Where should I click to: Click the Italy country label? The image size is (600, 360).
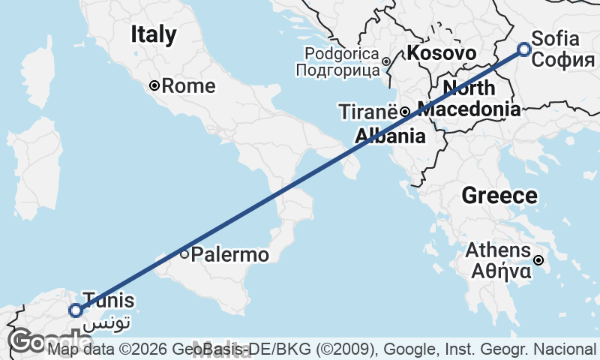coord(154,34)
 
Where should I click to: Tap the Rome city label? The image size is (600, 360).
coord(188,86)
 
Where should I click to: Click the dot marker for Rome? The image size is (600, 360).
coord(154,85)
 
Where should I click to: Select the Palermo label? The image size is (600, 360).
coord(229,255)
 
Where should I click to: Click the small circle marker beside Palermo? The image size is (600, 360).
coord(184,254)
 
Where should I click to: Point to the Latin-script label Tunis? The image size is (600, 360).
coord(109,301)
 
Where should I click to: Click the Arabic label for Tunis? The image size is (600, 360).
coord(109,322)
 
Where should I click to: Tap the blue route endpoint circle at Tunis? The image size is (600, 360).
coord(75,310)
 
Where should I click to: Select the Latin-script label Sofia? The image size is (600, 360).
coord(554,39)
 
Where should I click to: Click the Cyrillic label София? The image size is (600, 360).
coord(563,60)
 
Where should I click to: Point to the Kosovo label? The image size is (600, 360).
coord(442,53)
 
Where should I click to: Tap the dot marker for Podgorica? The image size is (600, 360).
coord(385,61)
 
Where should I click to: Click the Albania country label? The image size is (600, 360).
coord(390,136)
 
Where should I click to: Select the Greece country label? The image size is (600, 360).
coord(499,196)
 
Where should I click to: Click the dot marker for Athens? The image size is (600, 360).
coord(538,261)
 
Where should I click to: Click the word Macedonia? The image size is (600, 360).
coord(469,109)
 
